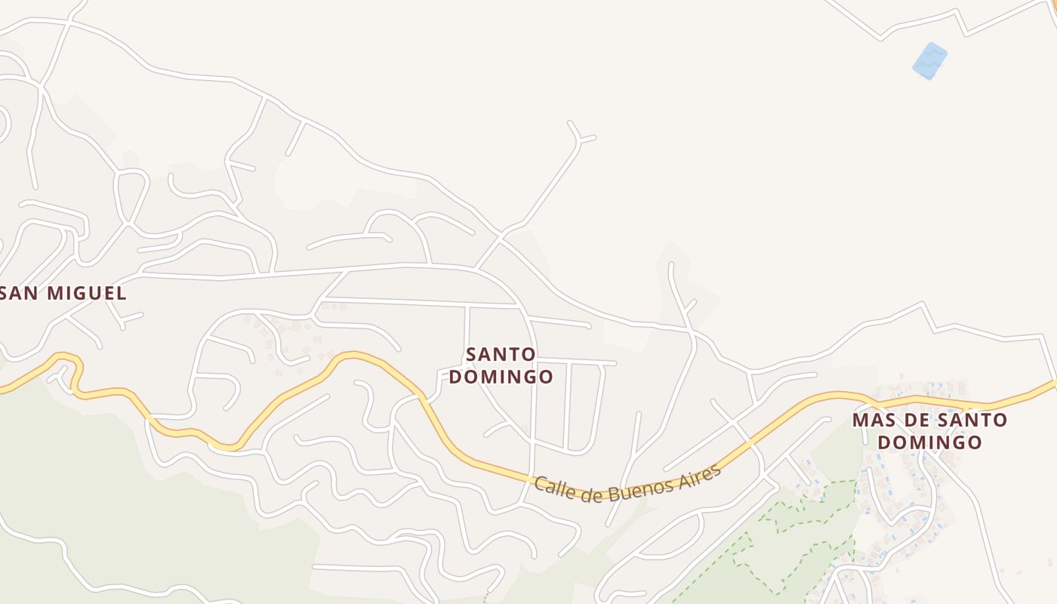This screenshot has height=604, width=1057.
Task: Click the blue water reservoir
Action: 929,60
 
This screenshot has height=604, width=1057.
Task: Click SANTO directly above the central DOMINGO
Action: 501,354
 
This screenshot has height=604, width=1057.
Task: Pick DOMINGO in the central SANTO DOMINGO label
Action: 501,376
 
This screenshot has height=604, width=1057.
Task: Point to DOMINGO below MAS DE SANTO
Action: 930,442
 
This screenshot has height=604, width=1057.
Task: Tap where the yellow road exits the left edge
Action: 4,390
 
